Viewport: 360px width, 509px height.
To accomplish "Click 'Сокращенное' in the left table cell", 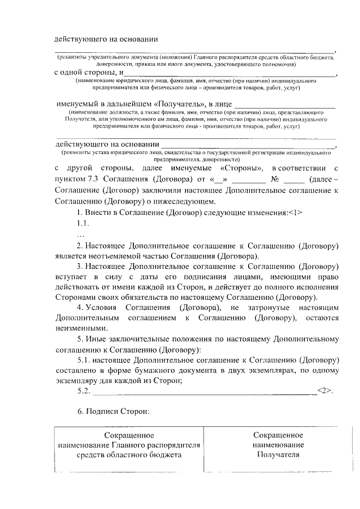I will pyautogui.click(x=130, y=435).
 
